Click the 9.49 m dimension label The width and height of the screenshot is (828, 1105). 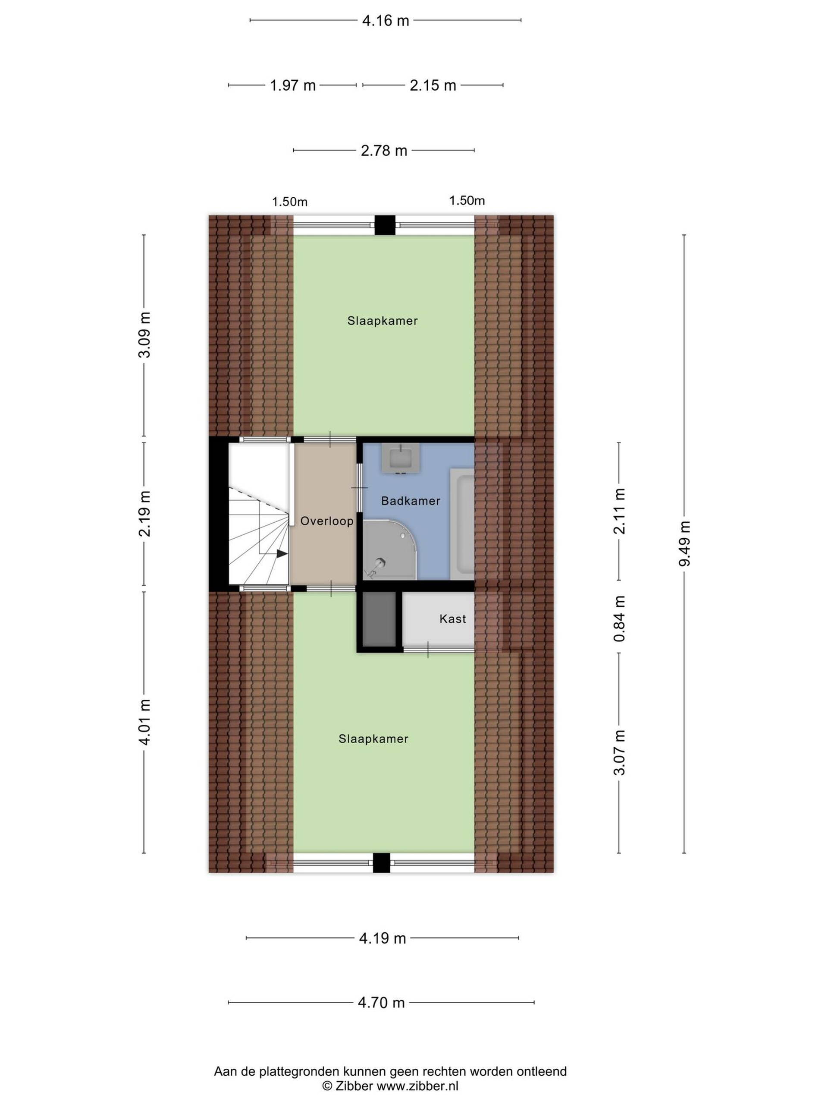[684, 543]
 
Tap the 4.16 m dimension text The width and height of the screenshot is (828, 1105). [385, 20]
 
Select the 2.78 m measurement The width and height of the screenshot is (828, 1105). [384, 150]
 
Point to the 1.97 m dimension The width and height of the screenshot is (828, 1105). [293, 85]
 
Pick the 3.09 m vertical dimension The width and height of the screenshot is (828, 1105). [144, 335]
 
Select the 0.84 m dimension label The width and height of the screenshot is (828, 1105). [619, 619]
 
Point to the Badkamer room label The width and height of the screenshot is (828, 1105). [411, 501]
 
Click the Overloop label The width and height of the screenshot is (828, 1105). [327, 521]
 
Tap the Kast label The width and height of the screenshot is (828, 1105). [453, 619]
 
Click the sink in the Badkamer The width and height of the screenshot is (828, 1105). [400, 458]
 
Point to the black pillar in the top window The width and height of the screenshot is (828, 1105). [385, 225]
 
